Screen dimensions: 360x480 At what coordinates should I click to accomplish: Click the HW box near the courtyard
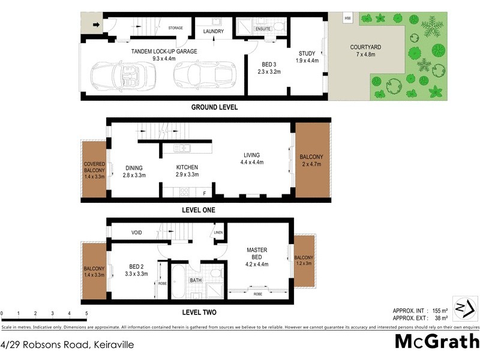click(347, 19)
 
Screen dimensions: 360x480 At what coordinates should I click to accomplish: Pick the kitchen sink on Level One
click(182, 148)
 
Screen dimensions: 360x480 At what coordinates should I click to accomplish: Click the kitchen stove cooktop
click(184, 192)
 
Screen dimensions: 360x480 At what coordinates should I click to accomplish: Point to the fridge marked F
click(204, 192)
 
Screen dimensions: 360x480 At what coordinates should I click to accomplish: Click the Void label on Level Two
click(136, 232)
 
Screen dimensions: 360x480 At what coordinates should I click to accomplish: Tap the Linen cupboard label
click(218, 232)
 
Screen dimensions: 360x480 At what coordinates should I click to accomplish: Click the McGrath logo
click(436, 341)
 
